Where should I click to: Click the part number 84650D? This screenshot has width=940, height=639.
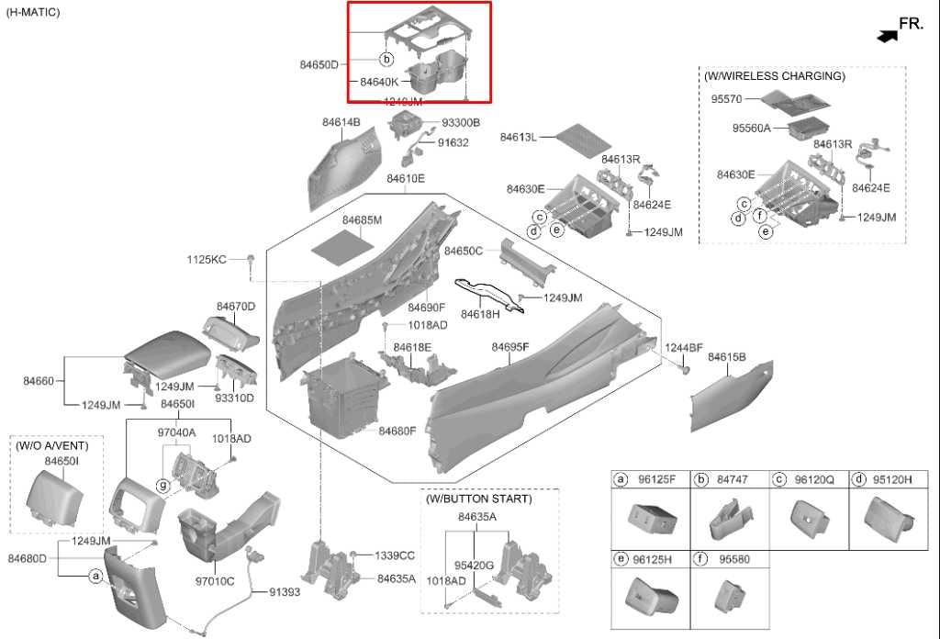[319, 64]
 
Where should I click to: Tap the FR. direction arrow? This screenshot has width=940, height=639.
[887, 35]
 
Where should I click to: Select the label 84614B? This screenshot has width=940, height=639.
[341, 122]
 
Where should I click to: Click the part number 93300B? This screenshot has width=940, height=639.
[461, 122]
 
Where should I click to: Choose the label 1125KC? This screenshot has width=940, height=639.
[206, 260]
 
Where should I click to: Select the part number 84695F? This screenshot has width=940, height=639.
[510, 347]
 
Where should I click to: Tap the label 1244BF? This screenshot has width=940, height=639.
[684, 348]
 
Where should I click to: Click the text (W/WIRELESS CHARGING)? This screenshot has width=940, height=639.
[774, 76]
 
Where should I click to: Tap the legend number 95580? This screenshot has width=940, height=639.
[735, 558]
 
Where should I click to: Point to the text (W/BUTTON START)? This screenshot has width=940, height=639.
[477, 499]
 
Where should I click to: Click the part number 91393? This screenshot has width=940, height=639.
[285, 592]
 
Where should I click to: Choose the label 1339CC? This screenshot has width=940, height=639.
[395, 555]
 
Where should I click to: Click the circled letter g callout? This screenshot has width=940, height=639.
[163, 485]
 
